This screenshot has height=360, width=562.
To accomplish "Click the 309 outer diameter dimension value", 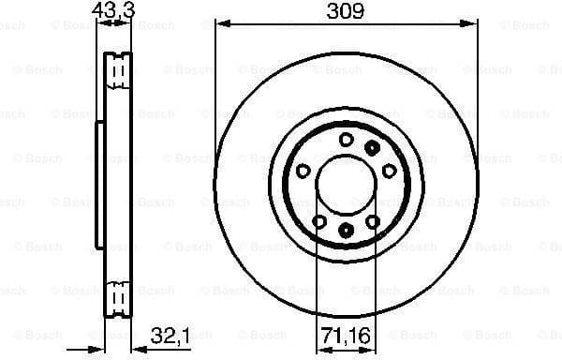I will tap(345, 11).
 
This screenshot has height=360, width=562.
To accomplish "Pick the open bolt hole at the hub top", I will tap(345, 140).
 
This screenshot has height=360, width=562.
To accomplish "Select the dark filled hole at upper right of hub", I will tap(373, 146).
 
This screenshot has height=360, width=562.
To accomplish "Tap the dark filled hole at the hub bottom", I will tap(345, 230).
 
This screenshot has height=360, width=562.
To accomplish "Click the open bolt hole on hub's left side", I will tap(303, 171).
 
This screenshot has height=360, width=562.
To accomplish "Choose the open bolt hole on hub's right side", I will tap(387, 171).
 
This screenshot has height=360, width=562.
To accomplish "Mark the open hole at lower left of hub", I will tap(318, 221).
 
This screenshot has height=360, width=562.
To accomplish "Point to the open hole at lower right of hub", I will tap(372, 221).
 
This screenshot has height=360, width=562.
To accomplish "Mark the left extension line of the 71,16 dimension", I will tap(317, 281).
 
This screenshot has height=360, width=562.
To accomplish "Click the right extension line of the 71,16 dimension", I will tap(374, 281).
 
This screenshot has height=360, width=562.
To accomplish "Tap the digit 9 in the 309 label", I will tap(358, 11).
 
